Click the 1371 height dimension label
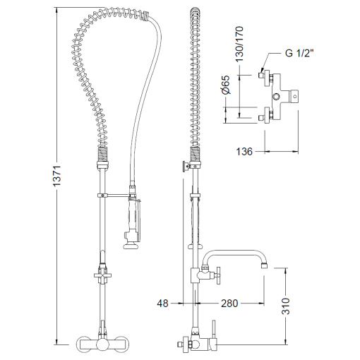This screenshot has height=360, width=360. [x=57, y=176]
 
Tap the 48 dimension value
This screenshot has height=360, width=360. [x=163, y=304]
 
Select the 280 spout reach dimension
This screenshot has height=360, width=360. [x=229, y=304]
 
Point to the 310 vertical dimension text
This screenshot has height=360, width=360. [x=286, y=306]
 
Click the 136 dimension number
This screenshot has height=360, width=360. [x=244, y=152]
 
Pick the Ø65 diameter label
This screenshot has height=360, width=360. [x=226, y=85]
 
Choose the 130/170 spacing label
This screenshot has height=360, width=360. [x=239, y=44]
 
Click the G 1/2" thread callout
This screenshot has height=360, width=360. [x=299, y=53]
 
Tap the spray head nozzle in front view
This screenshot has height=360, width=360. [x=131, y=246]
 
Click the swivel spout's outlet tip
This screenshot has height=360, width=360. [x=265, y=266]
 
